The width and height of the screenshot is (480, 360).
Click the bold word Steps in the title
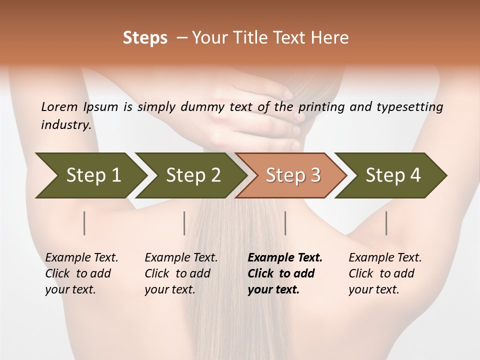pos(145,38)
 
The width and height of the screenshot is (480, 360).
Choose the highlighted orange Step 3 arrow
pos(293,175)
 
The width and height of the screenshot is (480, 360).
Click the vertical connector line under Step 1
pos(84,223)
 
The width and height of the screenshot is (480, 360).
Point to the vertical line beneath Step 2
pos(184,223)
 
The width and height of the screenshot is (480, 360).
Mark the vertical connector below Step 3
pos(285,223)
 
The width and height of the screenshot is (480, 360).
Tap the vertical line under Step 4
pos(386,223)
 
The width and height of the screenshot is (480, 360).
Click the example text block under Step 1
pos(81,273)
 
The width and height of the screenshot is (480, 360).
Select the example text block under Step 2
pos(181,273)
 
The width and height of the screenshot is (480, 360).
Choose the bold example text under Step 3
pos(285,273)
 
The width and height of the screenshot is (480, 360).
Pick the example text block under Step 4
pos(385,273)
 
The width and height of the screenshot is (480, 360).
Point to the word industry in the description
pos(66,125)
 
